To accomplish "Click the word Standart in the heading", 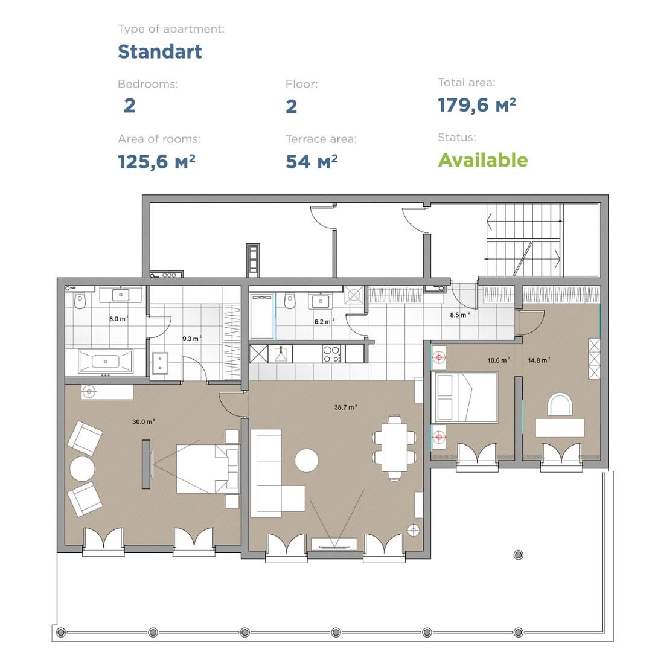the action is [159, 51].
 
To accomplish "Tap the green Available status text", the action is [483, 160].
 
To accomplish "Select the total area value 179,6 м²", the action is [477, 105].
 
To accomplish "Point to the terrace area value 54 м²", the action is [312, 161].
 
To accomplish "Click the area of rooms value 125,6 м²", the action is [156, 161].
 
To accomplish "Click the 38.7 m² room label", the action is [345, 407].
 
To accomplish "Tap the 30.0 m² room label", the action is [144, 421].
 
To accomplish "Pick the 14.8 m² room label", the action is [539, 360].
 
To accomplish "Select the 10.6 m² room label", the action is [499, 360].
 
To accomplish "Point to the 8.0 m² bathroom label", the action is [118, 319].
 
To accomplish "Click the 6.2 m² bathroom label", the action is [324, 321].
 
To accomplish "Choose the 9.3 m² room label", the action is [192, 339].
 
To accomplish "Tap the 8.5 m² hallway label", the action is [460, 315].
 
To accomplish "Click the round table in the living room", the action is [307, 460].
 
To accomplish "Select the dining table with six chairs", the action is [395, 447].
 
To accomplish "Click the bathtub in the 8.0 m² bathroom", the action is [106, 362].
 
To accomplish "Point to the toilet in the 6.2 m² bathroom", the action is [289, 301].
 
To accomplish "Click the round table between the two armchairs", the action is [82, 469].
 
